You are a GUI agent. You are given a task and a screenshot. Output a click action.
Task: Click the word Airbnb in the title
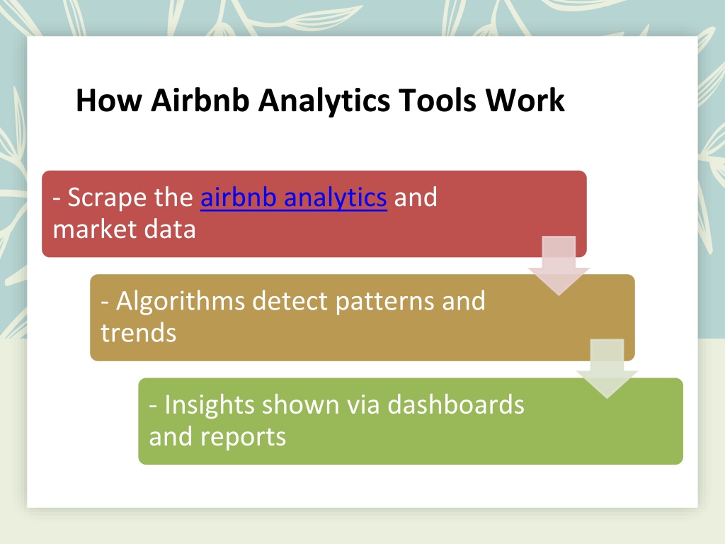coord(200,100)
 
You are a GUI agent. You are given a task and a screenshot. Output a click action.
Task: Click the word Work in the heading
coord(525,100)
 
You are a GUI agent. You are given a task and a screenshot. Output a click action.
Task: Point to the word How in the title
coord(109,100)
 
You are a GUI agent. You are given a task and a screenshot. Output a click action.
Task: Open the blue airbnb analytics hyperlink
coord(294,198)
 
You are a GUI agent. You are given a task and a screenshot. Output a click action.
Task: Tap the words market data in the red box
coord(125,229)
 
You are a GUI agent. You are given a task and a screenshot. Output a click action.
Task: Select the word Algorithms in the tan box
coord(181,302)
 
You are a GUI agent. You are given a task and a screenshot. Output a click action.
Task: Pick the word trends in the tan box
coord(139,333)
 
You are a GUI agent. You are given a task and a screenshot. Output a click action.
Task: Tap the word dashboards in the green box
coord(456,404)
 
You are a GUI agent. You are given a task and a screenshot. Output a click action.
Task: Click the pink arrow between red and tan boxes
coord(559,266)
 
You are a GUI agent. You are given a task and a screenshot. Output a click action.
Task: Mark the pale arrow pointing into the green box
coord(607,368)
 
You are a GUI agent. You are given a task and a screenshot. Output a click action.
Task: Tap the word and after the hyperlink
coord(415,198)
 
